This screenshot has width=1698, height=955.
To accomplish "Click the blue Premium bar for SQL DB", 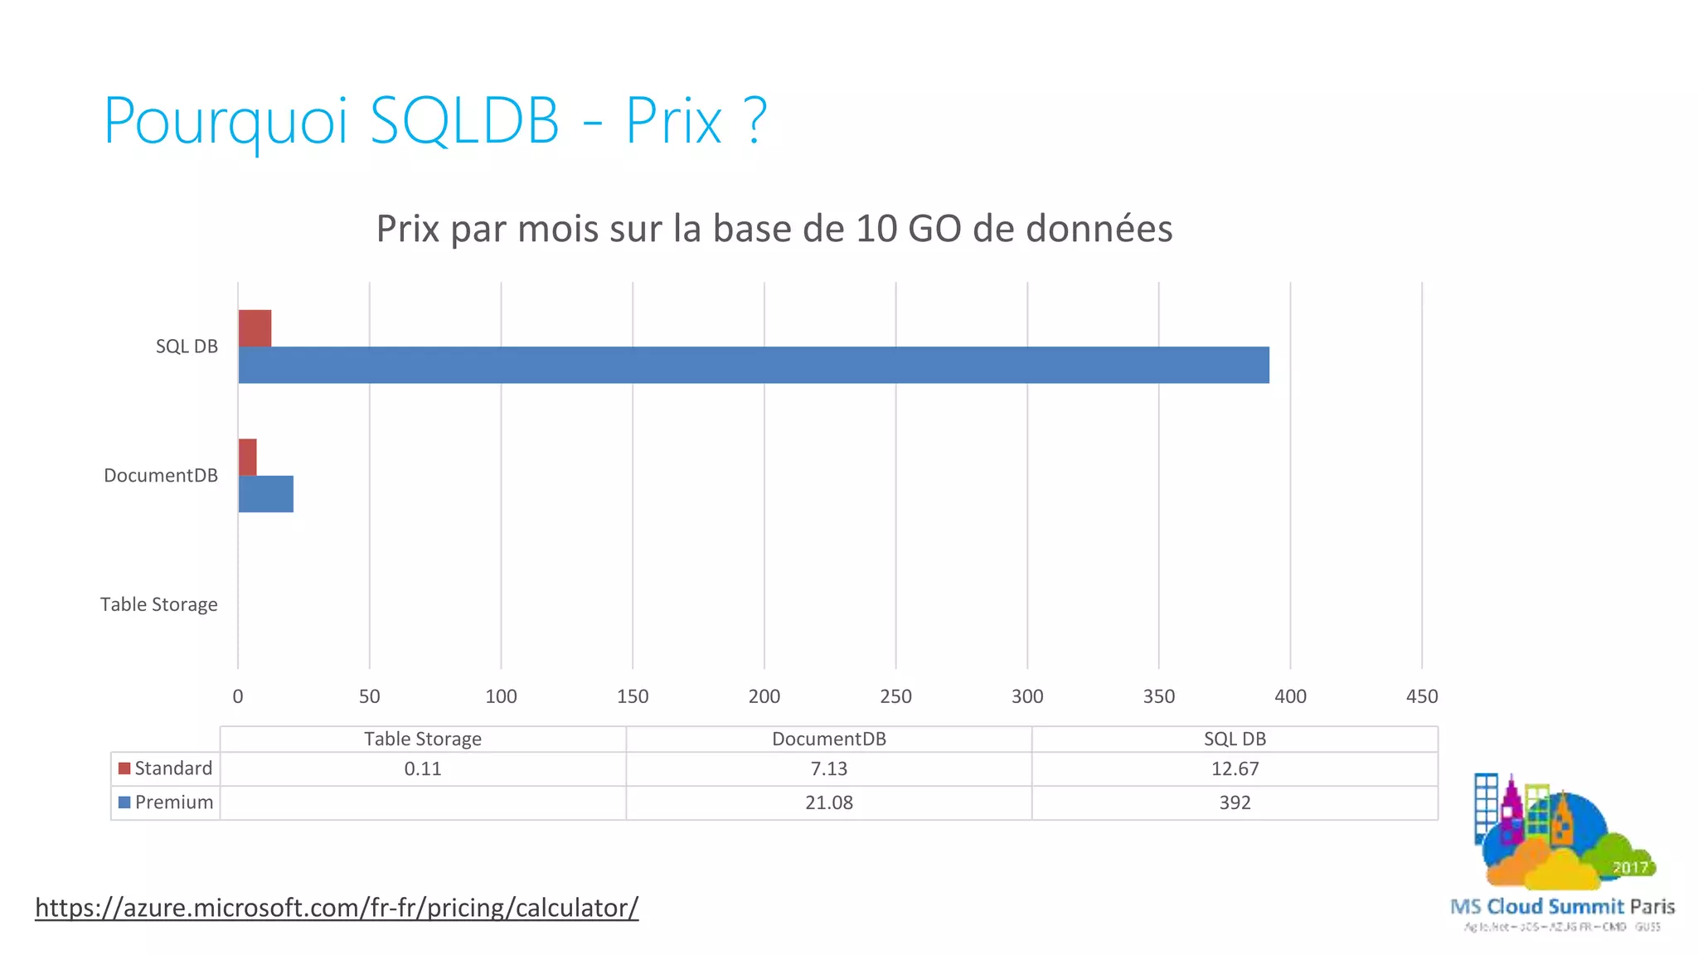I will (x=753, y=365).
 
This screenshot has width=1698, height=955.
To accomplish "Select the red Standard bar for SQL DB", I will (x=255, y=328).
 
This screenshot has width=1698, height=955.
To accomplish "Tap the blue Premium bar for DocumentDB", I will (x=265, y=494).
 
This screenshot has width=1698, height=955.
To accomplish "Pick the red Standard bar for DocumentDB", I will (x=247, y=458).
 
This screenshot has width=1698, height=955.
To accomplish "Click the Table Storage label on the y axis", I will (x=159, y=604).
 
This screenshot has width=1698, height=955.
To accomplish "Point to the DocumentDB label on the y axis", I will (x=161, y=476).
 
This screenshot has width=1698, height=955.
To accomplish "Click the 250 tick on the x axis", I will (x=895, y=696).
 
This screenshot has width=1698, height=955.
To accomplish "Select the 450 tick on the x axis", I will (x=1421, y=696).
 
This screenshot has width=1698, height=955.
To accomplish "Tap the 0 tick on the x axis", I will (x=238, y=696).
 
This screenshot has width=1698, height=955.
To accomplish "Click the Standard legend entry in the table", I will (x=166, y=768).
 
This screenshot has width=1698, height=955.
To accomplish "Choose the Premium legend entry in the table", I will (x=166, y=802).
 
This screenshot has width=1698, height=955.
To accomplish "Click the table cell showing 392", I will (x=1235, y=802).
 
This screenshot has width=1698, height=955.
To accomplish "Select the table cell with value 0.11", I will (x=423, y=769).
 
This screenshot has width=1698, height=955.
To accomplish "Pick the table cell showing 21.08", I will (x=828, y=802).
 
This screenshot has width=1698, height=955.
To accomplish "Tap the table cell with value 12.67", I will (x=1235, y=769).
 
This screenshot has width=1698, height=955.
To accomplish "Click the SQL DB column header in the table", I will (x=1235, y=739).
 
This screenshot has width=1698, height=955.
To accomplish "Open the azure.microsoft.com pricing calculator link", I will (x=337, y=908).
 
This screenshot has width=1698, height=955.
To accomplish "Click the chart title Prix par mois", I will (x=774, y=229).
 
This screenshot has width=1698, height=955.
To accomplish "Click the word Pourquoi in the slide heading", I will (x=226, y=122).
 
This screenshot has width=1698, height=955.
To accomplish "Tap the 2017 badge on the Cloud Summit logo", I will (x=1629, y=867).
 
